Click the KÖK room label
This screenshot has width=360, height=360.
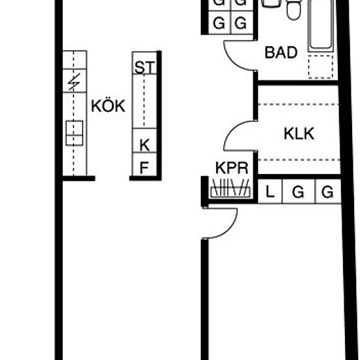click(x=108, y=106)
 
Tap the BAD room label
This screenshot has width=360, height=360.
click(x=281, y=52)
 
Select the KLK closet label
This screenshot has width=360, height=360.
click(x=299, y=134)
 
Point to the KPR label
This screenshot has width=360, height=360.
click(x=232, y=168)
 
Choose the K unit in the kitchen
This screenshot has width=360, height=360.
click(x=145, y=141)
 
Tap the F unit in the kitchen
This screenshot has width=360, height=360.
click(x=145, y=164)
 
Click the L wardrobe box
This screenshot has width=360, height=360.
click(x=270, y=192)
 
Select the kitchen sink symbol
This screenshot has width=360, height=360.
click(x=75, y=133)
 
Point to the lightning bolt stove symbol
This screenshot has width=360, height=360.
click(x=75, y=82)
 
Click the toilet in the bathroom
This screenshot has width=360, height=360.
click(x=294, y=10)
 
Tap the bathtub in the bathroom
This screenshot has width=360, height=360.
click(x=321, y=26)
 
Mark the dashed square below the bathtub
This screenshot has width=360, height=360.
click(x=321, y=67)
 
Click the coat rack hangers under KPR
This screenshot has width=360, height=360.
click(x=230, y=188)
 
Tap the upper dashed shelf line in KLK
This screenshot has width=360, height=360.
click(x=298, y=104)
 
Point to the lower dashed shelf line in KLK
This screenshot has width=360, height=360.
click(x=299, y=160)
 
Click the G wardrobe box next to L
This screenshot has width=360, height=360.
click(x=298, y=192)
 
